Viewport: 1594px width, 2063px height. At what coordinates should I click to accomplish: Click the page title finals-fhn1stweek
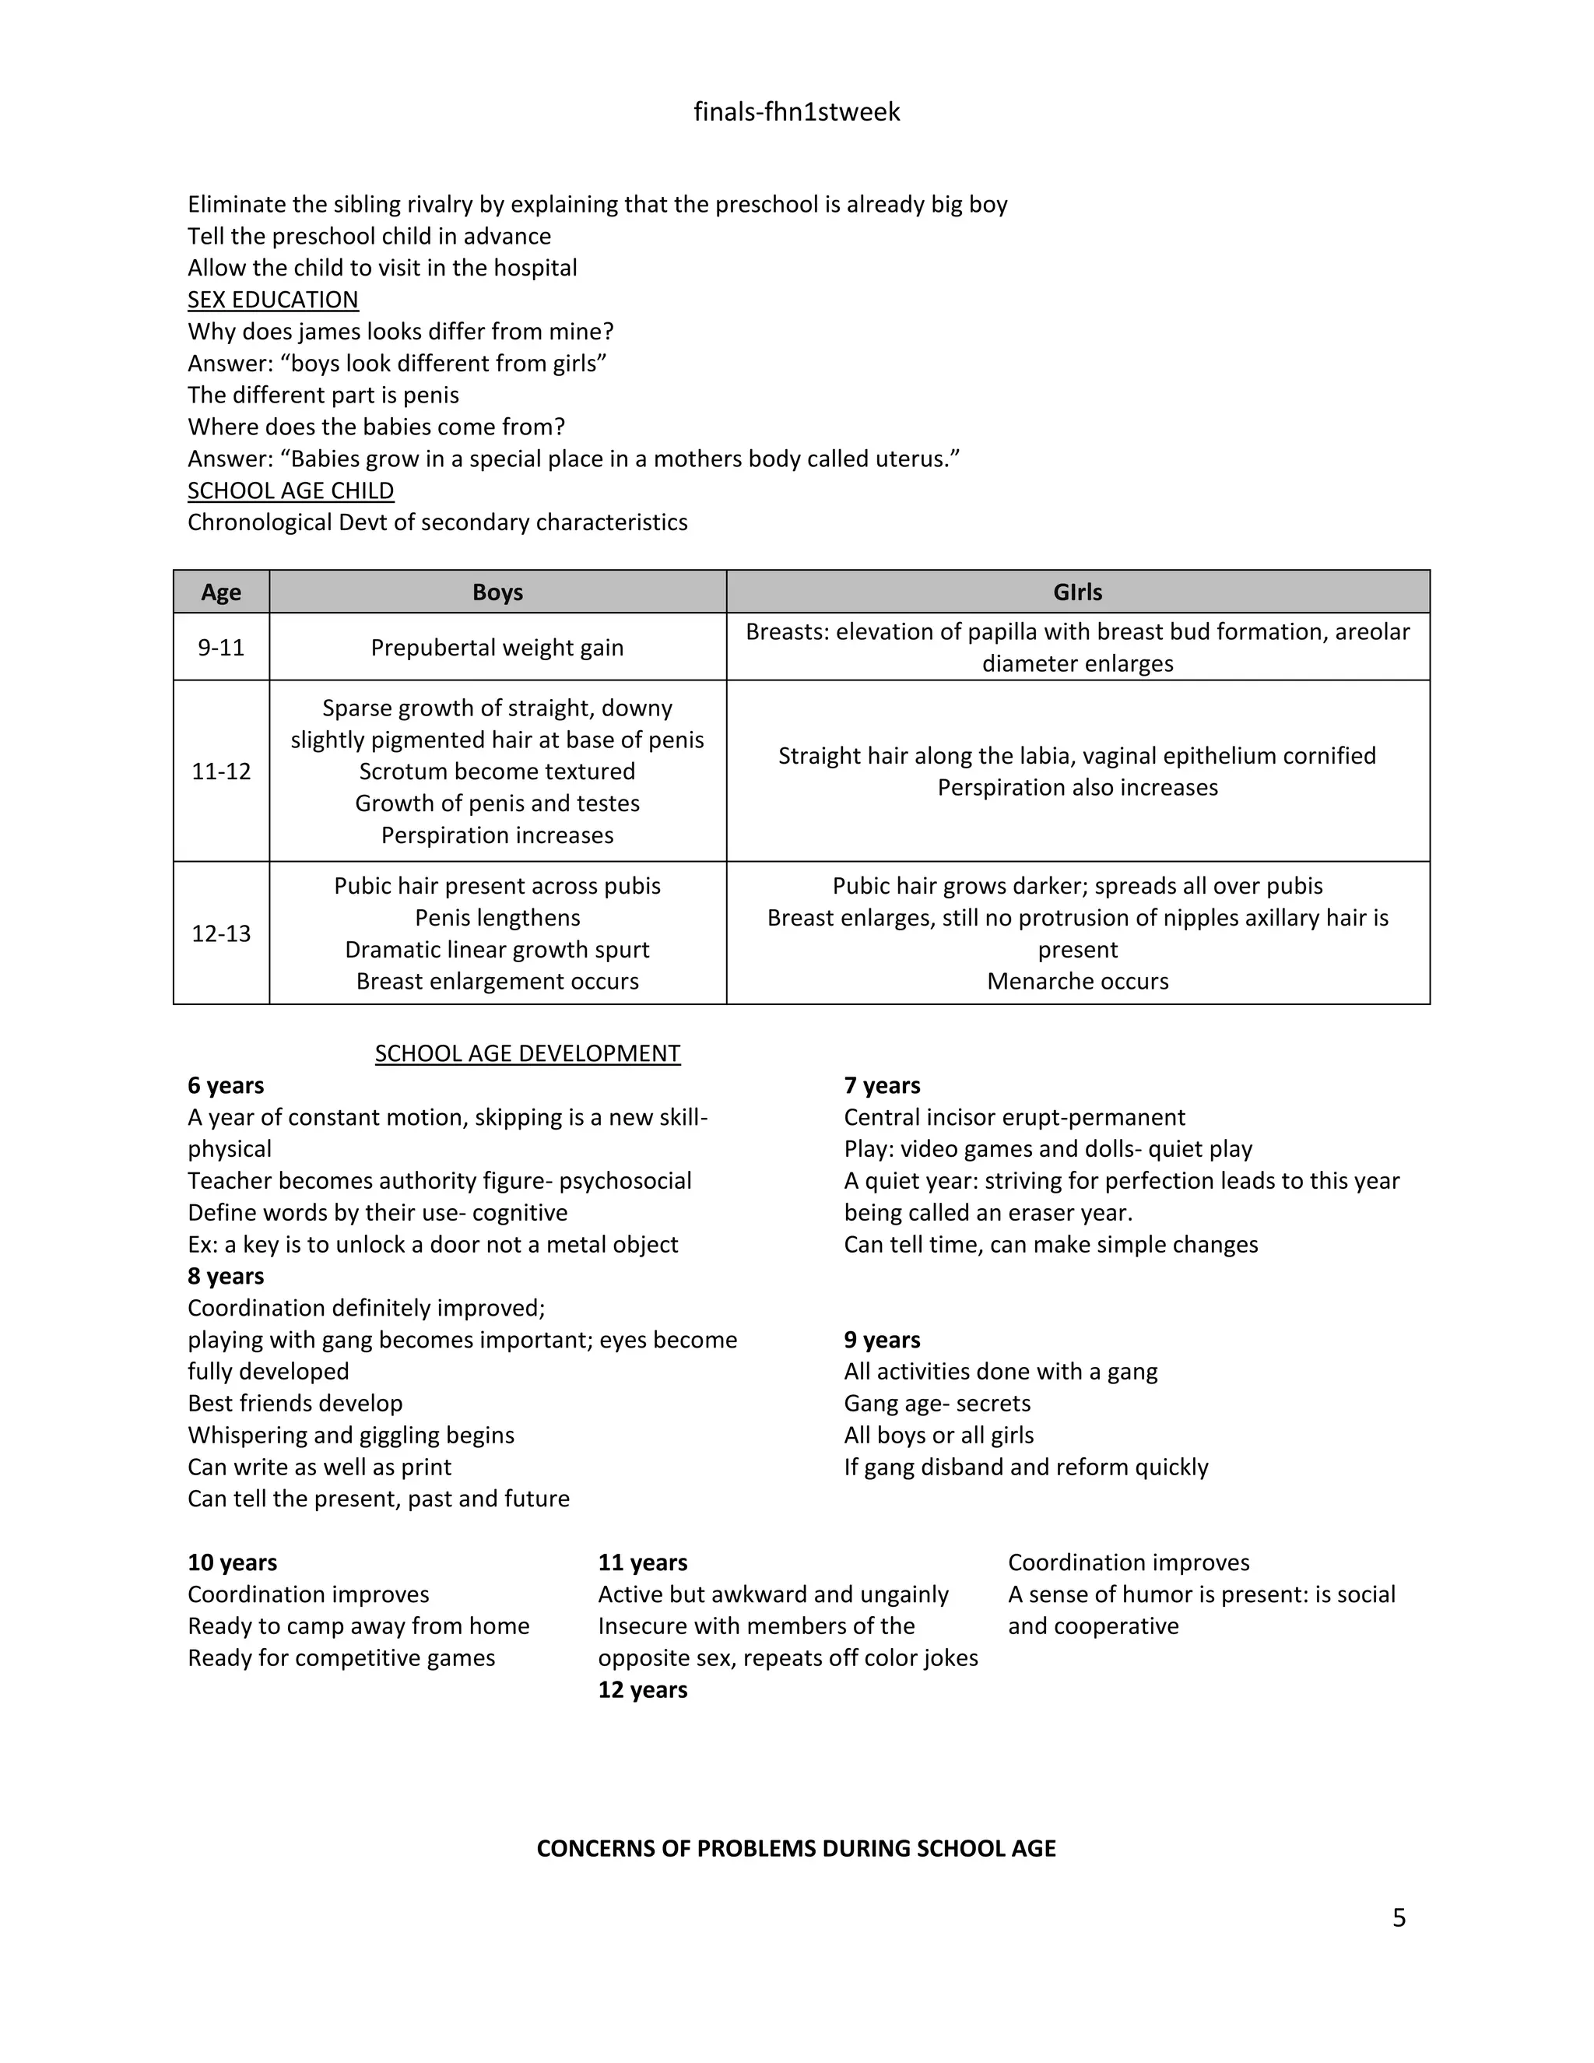pos(796,112)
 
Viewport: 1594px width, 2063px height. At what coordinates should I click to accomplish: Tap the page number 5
pos(1399,1917)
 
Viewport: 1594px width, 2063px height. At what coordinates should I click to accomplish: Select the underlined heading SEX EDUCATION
pos(273,300)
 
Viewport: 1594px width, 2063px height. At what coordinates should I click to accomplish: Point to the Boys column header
pos(497,592)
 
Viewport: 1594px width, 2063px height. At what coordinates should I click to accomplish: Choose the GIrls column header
pos(1077,592)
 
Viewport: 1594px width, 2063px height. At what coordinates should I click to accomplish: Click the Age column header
pos(221,592)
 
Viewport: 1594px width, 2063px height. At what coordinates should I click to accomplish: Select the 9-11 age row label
pos(221,647)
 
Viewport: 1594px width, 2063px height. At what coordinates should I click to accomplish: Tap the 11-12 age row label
pos(221,771)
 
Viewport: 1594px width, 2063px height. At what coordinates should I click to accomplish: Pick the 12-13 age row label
pos(221,933)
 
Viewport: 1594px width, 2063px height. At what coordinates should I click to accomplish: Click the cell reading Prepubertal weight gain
pos(497,647)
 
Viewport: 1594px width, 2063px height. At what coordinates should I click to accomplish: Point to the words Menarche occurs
pos(1077,982)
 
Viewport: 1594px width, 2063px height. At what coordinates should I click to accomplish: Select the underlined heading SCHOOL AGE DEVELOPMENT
pos(527,1053)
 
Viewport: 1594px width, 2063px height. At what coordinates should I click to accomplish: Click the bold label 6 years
pos(226,1085)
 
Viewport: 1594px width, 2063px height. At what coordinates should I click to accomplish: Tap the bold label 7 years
pos(882,1085)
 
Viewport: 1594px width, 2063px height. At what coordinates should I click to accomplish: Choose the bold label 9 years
pos(882,1340)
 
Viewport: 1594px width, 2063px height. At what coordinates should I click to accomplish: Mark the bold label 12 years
pos(642,1690)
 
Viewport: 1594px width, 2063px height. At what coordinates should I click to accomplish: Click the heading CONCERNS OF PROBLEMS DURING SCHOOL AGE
pos(796,1849)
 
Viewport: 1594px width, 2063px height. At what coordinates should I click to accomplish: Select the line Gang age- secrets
pos(937,1403)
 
